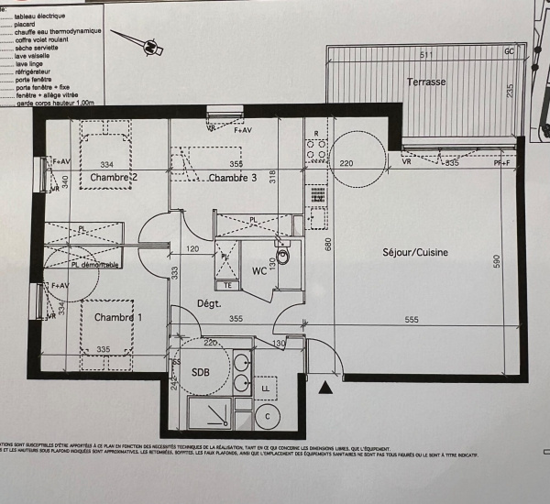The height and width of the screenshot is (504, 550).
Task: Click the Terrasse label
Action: pos(426,82)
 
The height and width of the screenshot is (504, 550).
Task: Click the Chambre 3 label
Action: pos(232,178)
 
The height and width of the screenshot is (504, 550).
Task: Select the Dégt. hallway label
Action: pos(211,303)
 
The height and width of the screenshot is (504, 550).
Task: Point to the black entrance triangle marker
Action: pos(323,389)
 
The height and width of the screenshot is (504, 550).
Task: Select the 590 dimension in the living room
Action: pos(496,261)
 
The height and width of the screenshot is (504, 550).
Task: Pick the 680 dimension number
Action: pos(328,244)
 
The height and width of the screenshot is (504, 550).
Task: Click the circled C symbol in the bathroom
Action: pos(267,416)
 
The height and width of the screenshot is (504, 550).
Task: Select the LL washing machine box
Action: pos(267,389)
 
